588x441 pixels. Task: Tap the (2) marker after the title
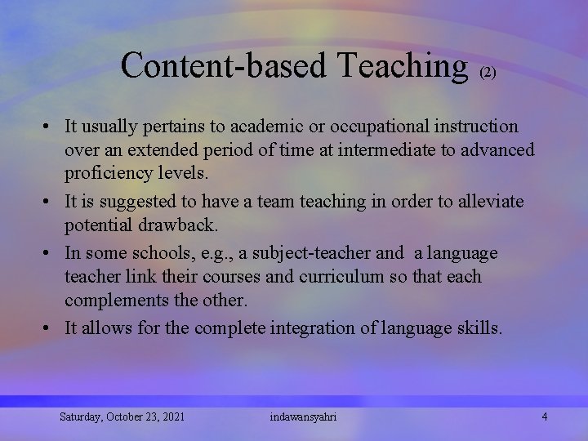(x=488, y=73)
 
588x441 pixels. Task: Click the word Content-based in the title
(x=222, y=65)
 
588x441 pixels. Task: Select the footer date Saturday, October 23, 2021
(x=122, y=417)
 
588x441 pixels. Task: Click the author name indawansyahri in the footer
(x=303, y=417)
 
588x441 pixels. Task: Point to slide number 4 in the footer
(x=545, y=416)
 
